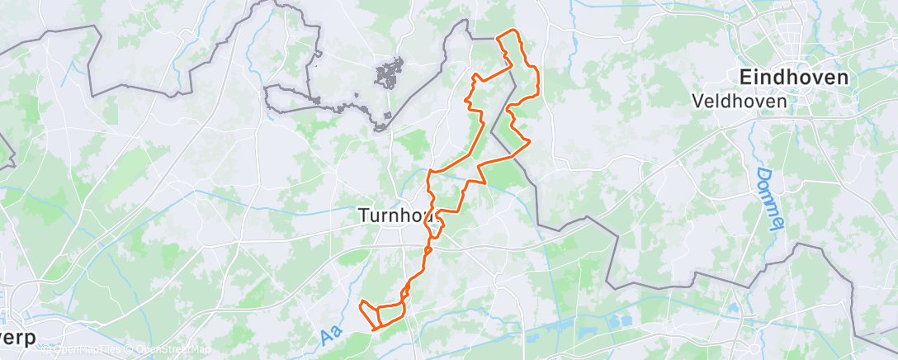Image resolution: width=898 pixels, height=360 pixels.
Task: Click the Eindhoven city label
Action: tap(793, 78)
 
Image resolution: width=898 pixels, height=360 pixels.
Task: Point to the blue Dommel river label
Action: tap(767, 201)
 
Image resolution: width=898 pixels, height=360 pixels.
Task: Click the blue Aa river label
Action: tap(331, 335)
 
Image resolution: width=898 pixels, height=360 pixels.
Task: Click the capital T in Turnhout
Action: tap(364, 215)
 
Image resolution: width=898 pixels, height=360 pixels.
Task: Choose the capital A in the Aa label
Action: tap(327, 339)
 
